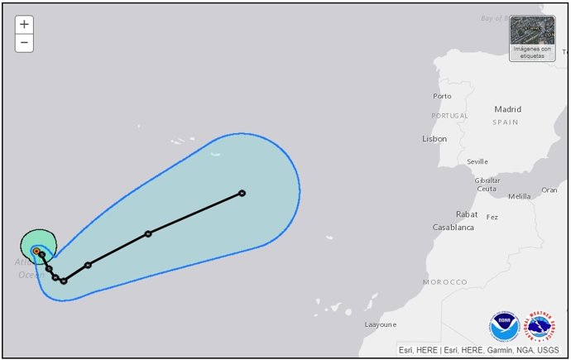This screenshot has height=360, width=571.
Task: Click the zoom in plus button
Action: click(x=24, y=24)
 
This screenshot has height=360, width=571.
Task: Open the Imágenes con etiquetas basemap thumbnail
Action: click(x=532, y=37)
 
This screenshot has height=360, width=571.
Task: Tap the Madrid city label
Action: click(x=507, y=109)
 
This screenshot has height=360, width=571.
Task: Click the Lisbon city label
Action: click(x=434, y=139)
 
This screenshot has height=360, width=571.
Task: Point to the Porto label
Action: click(x=442, y=96)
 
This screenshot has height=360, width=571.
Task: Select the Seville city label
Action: click(x=477, y=161)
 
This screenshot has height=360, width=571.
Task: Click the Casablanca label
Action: click(x=453, y=227)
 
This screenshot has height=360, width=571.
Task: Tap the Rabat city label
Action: click(x=467, y=214)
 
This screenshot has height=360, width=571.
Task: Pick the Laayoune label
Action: click(x=381, y=324)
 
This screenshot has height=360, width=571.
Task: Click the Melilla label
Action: click(x=519, y=196)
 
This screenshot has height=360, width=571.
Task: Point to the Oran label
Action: click(x=549, y=190)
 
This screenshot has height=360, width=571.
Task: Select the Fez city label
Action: click(x=492, y=217)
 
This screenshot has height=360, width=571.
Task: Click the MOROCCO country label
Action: click(x=444, y=282)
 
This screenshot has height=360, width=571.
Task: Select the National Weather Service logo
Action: click(x=540, y=326)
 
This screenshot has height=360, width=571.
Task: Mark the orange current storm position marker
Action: click(x=36, y=251)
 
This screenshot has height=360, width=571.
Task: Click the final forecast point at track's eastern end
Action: click(x=242, y=193)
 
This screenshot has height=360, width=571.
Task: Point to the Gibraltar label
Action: click(x=487, y=180)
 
